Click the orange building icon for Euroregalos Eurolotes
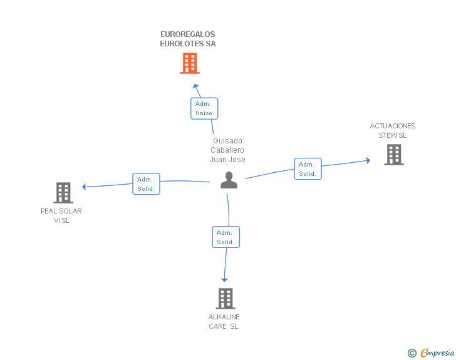coord(190,63)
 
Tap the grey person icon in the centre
coord(229,180)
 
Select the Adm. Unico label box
coord(204,108)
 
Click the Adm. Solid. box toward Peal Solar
coord(146,184)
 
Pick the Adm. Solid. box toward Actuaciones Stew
coord(308,168)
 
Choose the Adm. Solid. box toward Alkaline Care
coord(226,237)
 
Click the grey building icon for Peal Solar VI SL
coord(63,192)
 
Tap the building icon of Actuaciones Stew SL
coord(394,155)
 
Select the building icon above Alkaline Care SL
coord(225,299)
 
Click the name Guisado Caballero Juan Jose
coord(227,150)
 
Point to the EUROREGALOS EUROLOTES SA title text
coord(188,39)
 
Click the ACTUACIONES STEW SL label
coord(393,131)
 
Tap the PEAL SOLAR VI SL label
coord(61,216)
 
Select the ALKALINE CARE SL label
coord(224,321)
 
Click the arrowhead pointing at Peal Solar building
coord(84,187)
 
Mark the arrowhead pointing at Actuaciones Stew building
coord(368,160)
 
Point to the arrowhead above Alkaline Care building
coord(224,280)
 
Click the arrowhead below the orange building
coord(195,86)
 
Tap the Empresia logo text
coord(437,352)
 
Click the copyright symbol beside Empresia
coord(412,353)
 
